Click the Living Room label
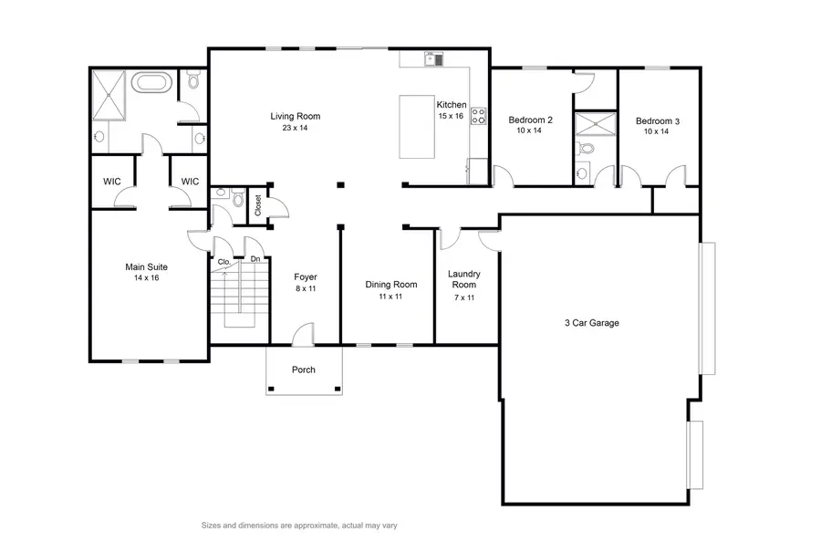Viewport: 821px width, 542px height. coord(295,116)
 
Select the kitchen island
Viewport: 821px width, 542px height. coord(416,124)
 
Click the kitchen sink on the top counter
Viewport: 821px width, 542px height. coord(432,60)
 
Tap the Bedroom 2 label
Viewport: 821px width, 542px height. coord(530,120)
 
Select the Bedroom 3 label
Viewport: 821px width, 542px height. coord(658,120)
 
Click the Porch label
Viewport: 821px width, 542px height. coord(303,370)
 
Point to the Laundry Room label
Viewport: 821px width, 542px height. coord(464,279)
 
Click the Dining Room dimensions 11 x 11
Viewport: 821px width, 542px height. coord(391,297)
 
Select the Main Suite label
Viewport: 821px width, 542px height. coord(146,266)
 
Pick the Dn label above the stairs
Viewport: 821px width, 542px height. coord(255,260)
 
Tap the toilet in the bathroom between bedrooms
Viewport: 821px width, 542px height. coord(587,147)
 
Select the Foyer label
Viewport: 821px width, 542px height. coord(305,276)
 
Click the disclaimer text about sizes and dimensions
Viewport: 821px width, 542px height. coord(298,526)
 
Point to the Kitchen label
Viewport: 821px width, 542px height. coord(451,105)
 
